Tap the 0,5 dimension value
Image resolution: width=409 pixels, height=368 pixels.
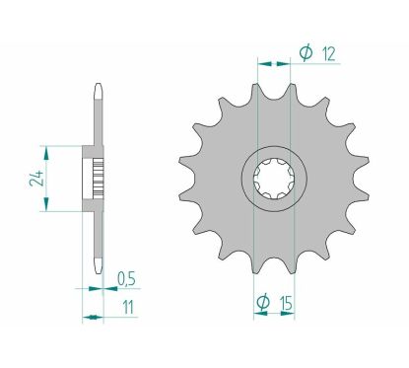[127, 278]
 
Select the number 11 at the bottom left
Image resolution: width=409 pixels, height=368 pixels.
[128, 308]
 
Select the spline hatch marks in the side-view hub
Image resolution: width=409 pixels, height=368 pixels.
[97, 179]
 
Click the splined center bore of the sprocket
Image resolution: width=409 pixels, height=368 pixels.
[273, 180]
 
